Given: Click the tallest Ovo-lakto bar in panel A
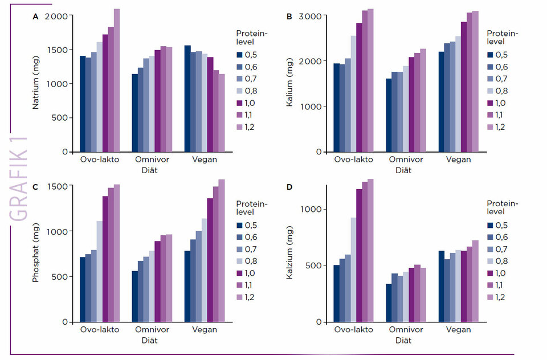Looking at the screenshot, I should (117, 80).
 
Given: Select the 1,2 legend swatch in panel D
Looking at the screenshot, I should (490, 297).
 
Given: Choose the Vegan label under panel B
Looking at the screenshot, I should (459, 159).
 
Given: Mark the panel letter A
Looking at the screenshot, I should (35, 17).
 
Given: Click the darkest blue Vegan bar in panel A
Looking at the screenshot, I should (187, 99).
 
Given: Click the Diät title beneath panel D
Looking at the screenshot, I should (406, 341).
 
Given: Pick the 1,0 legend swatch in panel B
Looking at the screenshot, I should (490, 103).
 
